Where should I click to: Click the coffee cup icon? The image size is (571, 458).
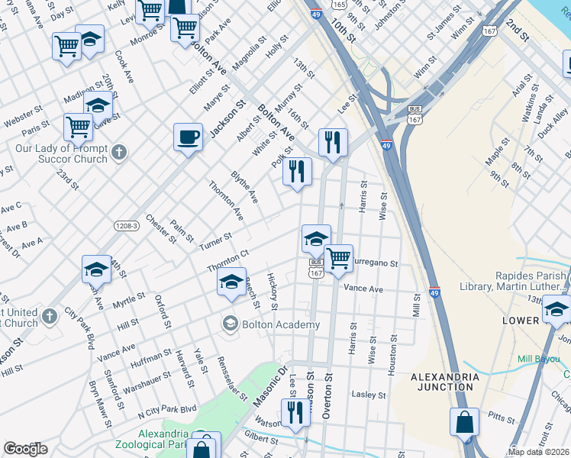(x=188, y=138)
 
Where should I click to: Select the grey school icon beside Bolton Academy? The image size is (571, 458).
(x=230, y=324)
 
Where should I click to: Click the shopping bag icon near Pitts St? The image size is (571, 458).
(x=464, y=422)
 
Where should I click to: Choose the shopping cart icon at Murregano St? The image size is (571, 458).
(x=337, y=257)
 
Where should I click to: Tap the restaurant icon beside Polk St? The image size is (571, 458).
(x=297, y=171)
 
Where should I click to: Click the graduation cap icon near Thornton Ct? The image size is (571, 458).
(x=231, y=282)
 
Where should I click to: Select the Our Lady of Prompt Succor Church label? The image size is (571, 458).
(x=62, y=153)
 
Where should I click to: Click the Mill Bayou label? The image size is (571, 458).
(x=539, y=358)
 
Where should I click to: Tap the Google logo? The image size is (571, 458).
(x=25, y=449)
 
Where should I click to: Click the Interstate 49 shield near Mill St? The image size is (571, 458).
(x=434, y=292)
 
